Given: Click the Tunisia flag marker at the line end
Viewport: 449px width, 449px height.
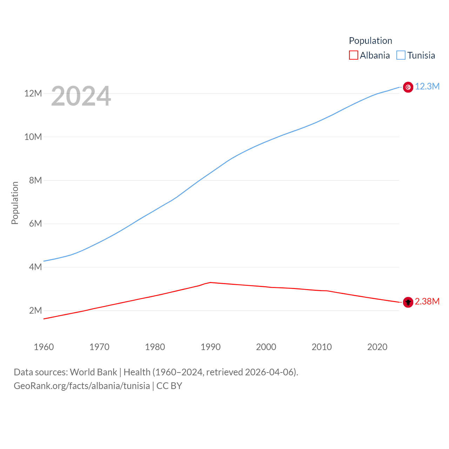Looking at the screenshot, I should (408, 87).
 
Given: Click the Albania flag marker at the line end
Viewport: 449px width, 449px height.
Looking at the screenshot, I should (408, 302).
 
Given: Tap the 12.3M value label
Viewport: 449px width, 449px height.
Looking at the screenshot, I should (427, 87).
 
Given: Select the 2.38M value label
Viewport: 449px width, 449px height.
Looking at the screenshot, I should (427, 302).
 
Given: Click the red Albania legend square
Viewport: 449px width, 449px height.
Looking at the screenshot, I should (354, 55).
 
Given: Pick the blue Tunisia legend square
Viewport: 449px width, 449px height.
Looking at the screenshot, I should (401, 55).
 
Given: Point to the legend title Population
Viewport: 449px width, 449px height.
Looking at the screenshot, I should (370, 41).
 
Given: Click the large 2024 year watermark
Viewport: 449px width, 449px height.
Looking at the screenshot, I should (81, 96).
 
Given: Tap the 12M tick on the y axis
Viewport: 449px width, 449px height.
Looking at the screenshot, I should (33, 93).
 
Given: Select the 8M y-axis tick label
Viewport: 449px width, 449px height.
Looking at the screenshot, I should (35, 180).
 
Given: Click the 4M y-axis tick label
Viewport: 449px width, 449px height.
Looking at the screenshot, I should (35, 267).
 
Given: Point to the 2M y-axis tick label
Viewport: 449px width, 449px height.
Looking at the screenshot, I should (35, 310).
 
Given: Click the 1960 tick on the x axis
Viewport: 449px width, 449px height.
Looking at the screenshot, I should (44, 347).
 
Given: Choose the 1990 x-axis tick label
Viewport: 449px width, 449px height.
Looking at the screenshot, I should (210, 347).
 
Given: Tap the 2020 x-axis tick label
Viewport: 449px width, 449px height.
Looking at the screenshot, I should (377, 347).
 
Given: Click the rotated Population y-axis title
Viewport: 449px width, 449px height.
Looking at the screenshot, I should (15, 203).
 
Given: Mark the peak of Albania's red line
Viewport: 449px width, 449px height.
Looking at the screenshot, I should (210, 282).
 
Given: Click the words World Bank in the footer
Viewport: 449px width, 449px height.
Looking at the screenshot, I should (93, 372).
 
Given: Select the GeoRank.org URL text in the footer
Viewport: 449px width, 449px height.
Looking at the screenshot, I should (82, 386).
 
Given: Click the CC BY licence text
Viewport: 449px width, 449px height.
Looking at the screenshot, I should (169, 386).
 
